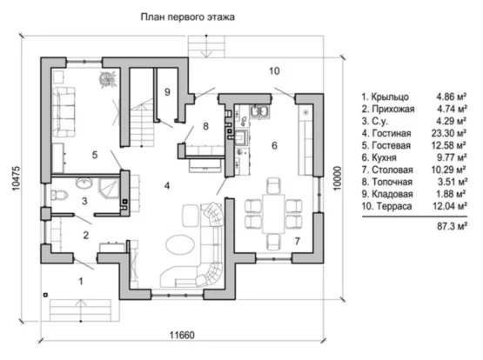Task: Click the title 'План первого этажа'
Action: [x=188, y=17]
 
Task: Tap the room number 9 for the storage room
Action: [x=167, y=91]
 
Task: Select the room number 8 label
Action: [x=205, y=126]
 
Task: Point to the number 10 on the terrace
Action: [x=274, y=70]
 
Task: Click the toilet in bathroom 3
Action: [x=59, y=195]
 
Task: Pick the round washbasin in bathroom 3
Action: [x=84, y=183]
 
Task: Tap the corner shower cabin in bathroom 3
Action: [x=109, y=189]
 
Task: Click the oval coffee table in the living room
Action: [x=180, y=244]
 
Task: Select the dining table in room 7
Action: [x=273, y=213]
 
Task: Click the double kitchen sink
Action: [x=260, y=112]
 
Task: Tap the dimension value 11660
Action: [x=183, y=335]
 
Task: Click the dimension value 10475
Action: [x=16, y=178]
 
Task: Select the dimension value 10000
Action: [x=338, y=178]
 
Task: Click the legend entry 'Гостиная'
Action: [x=392, y=133]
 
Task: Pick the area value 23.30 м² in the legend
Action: [x=449, y=133]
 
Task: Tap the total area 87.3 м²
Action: [x=452, y=226]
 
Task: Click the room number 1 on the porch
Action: [x=81, y=281]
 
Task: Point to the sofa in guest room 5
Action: [x=64, y=112]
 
